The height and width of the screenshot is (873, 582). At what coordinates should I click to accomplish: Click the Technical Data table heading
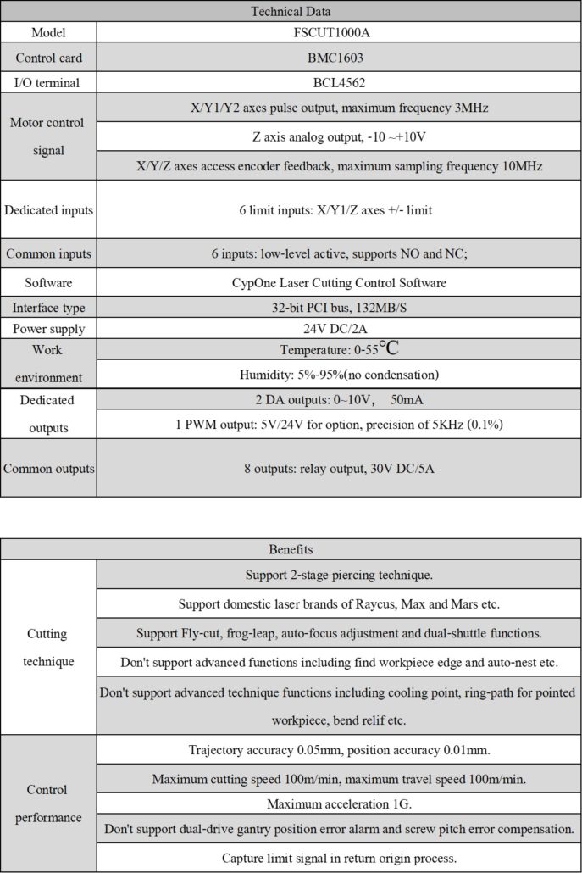click(291, 12)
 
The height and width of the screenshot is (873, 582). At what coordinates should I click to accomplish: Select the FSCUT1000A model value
click(339, 33)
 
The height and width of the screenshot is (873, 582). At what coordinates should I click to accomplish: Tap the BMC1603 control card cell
click(339, 58)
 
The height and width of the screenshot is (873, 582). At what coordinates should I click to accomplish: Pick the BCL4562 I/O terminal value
click(339, 83)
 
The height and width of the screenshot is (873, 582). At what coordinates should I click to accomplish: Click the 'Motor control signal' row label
click(47, 136)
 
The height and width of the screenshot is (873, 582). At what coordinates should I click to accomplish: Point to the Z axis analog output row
click(339, 137)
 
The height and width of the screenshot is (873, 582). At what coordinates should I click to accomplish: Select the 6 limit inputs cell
click(339, 210)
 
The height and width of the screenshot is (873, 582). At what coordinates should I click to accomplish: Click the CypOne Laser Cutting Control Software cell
click(339, 282)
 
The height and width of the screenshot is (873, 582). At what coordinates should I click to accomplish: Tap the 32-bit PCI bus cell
click(339, 307)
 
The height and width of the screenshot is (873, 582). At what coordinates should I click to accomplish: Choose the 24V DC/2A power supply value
click(339, 329)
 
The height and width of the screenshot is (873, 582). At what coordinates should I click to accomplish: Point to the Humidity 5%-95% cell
click(339, 375)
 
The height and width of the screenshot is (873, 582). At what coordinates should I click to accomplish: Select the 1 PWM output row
click(339, 424)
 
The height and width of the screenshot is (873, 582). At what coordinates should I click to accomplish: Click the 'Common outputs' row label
click(48, 468)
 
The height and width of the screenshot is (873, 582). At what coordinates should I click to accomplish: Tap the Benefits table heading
click(291, 549)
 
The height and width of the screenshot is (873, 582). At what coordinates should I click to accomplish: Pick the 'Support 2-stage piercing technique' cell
click(339, 575)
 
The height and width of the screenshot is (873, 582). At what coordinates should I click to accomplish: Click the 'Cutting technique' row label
click(47, 647)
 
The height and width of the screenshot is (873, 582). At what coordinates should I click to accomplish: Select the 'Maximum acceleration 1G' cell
click(339, 803)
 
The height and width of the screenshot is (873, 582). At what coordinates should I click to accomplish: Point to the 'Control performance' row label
click(47, 803)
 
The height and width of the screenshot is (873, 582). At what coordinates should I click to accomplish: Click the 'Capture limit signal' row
click(339, 858)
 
